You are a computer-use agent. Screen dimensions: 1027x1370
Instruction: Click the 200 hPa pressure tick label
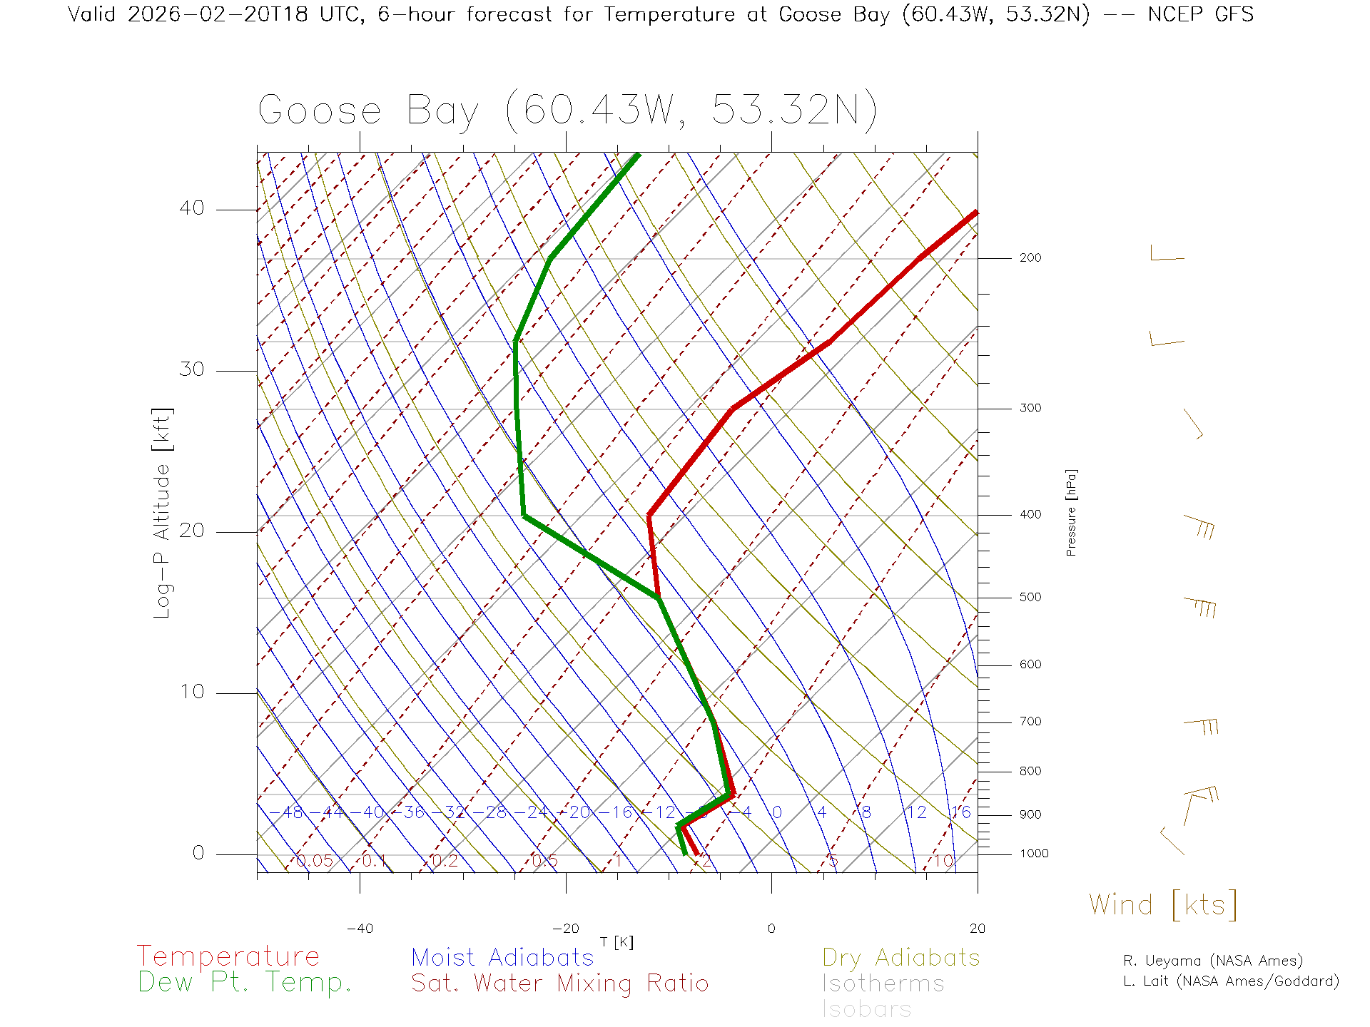1030,257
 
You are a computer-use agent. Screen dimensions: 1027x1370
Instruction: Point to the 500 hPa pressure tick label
1030,597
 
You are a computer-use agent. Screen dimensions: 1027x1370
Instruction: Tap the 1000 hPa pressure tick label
1034,854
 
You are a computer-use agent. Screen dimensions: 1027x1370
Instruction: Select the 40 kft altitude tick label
191,208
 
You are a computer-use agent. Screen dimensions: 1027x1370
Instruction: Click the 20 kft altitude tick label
191,531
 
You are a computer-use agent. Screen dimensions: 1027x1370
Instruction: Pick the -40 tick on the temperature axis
360,929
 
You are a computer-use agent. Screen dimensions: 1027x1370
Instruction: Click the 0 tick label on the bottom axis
771,929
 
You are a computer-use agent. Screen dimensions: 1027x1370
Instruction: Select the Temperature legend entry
228,956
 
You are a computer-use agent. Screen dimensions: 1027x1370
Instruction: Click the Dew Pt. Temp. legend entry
245,983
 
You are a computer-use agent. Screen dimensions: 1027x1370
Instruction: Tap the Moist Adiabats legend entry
502,957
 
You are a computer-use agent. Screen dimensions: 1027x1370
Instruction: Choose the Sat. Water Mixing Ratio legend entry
559,983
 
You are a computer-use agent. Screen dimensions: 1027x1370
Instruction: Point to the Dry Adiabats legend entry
900,957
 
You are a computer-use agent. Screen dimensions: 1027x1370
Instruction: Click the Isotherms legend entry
883,983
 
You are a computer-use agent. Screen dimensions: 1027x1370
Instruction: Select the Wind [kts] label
1163,905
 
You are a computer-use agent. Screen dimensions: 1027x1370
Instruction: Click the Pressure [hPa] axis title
1071,512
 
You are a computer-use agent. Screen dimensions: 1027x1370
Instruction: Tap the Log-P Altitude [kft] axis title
163,513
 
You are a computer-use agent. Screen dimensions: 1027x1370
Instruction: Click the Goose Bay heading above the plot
567,111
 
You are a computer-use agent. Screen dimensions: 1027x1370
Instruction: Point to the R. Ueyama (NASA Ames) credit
1212,961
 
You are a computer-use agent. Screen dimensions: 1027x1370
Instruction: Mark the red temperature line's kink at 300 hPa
733,409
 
